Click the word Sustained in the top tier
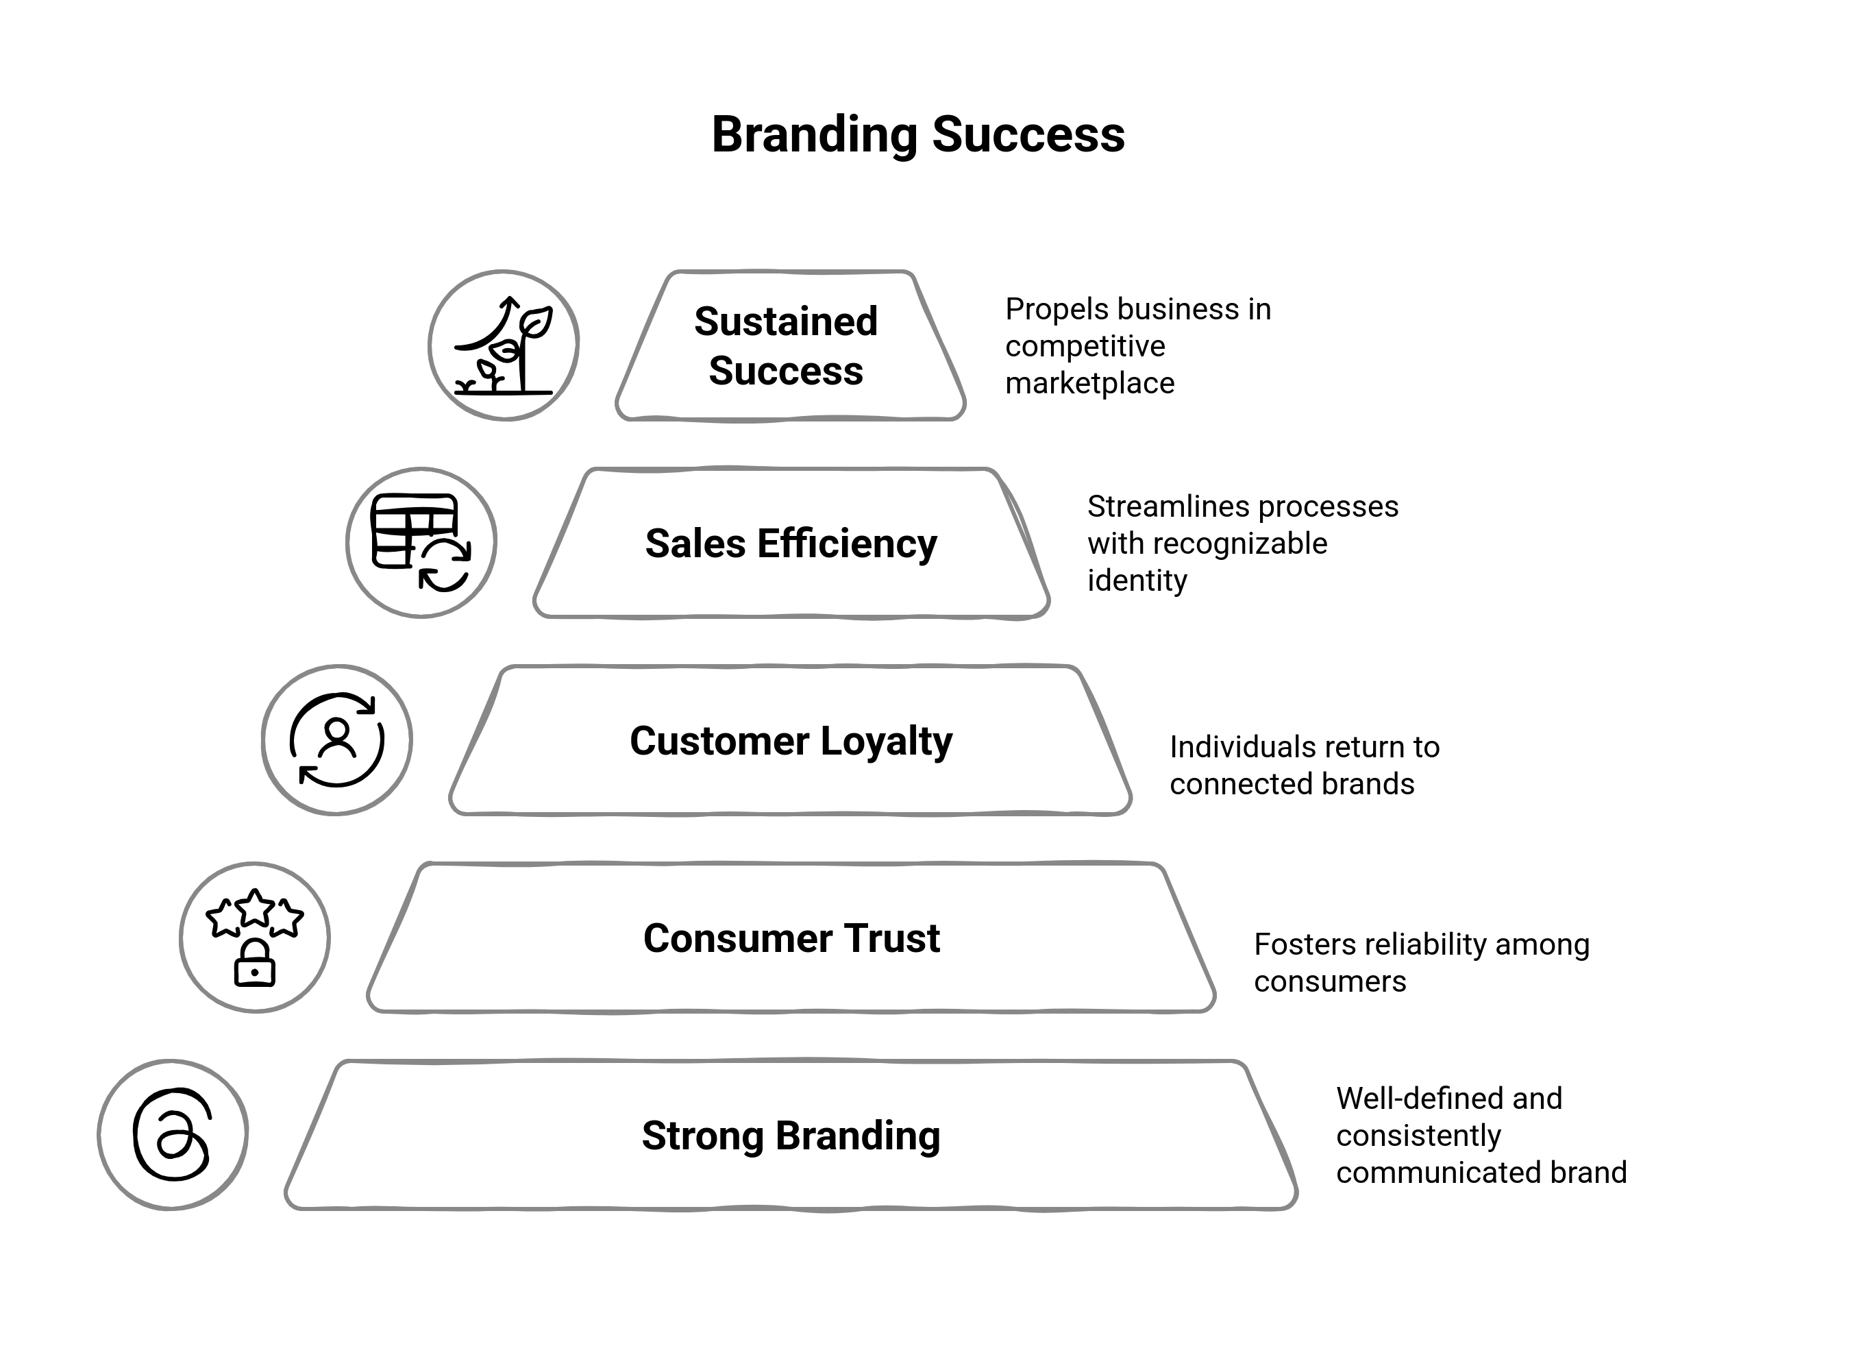785,321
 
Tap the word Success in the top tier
785,371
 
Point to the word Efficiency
847,543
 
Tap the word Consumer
719,938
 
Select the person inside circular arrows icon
336,740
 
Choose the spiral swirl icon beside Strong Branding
173,1134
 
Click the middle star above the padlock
255,907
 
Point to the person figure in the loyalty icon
336,736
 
